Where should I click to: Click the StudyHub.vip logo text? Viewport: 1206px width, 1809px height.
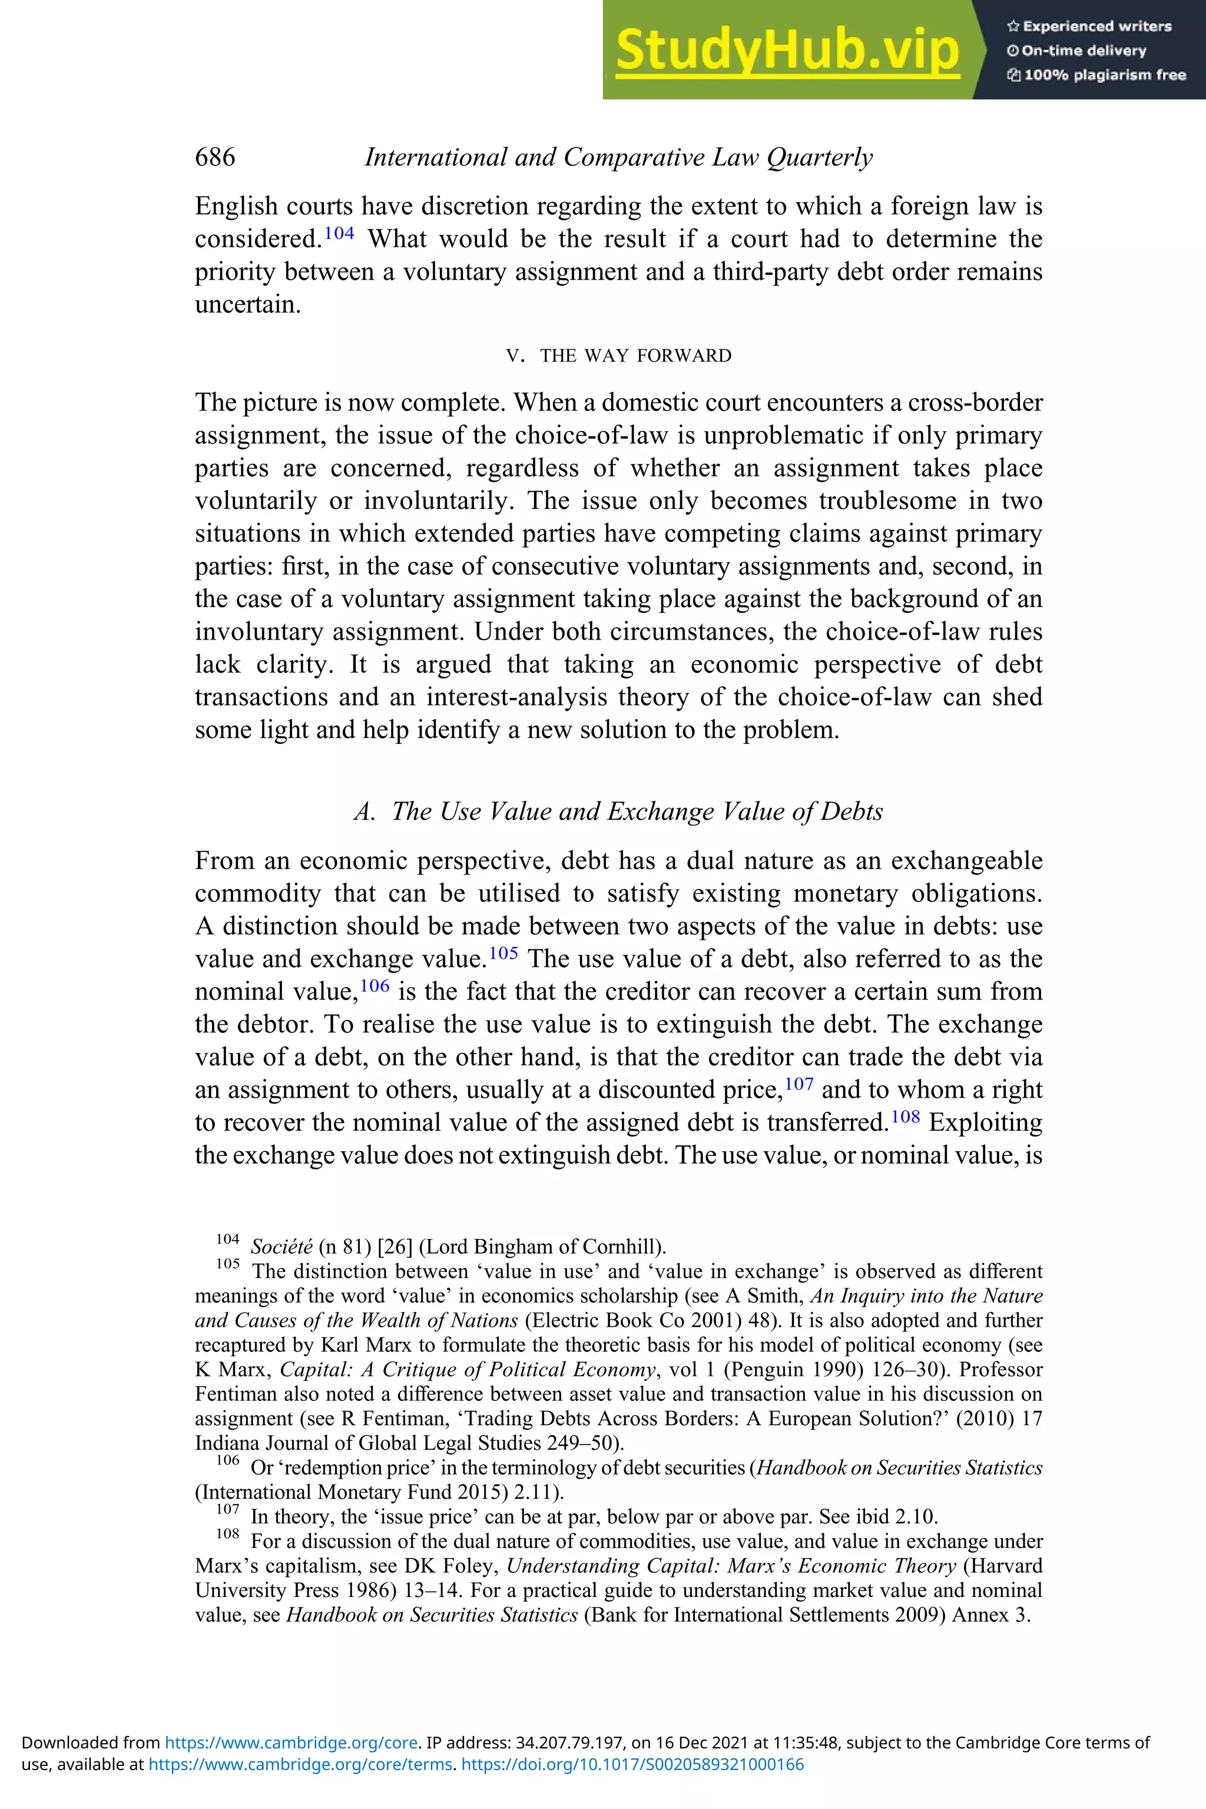[x=787, y=50]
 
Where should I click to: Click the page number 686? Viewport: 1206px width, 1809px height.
[x=216, y=157]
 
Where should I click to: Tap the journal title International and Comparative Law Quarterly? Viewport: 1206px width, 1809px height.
[x=618, y=157]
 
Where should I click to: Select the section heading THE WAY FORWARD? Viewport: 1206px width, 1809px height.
[x=635, y=355]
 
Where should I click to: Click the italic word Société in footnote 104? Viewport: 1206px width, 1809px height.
[x=281, y=1247]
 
